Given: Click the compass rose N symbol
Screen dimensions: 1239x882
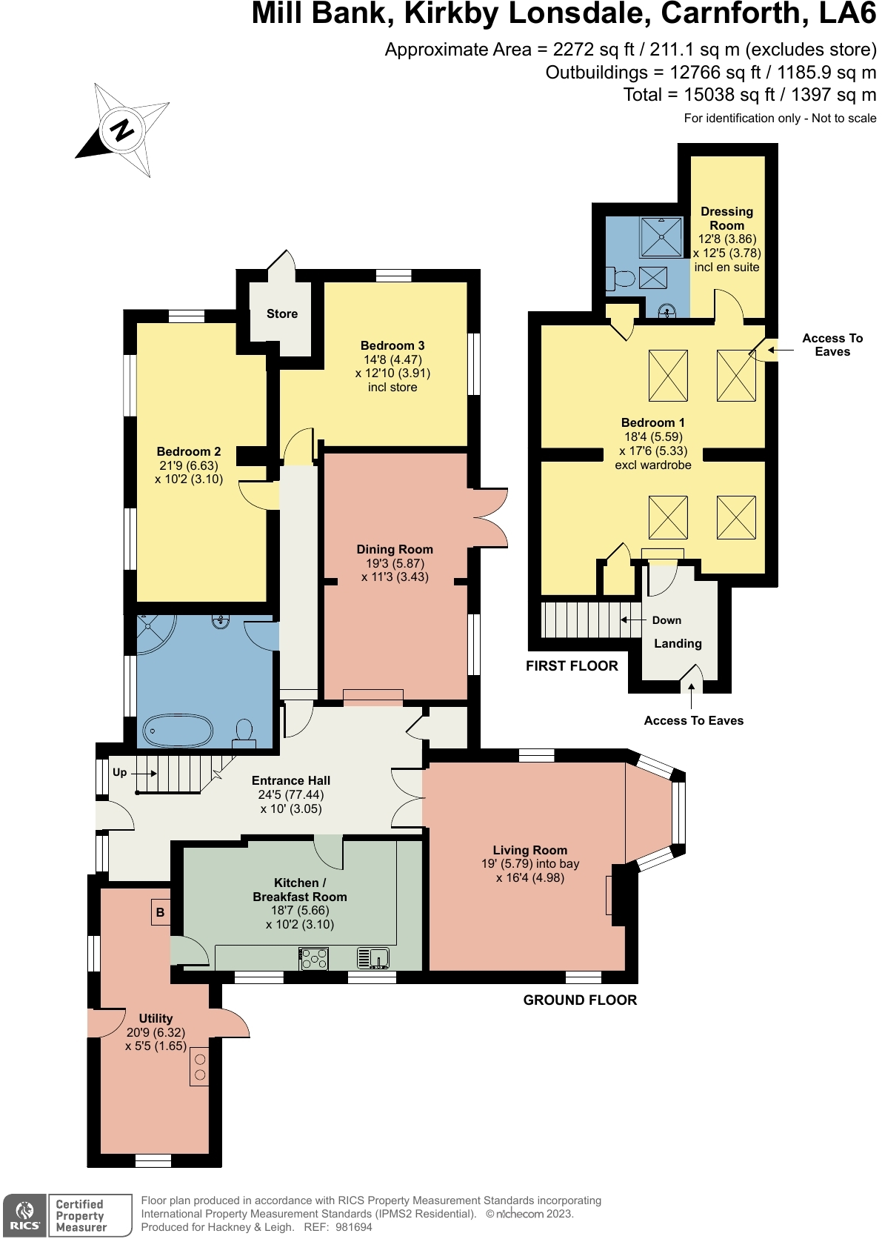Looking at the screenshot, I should click(121, 130).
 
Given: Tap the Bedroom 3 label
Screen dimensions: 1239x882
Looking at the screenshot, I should click(392, 345).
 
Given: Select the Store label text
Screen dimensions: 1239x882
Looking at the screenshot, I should click(282, 314).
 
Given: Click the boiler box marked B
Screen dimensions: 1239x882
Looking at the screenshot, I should click(160, 912).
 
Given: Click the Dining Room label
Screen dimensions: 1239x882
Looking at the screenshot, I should click(395, 549).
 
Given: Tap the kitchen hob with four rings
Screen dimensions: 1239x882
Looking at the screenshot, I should click(314, 958).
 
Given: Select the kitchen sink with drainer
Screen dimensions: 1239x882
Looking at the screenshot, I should click(373, 958).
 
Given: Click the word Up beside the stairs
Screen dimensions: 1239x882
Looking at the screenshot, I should click(119, 772).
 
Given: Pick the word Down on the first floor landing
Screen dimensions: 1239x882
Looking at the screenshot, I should click(666, 620).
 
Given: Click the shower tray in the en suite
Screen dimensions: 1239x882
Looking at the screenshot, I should click(661, 237).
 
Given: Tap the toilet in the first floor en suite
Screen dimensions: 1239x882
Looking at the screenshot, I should click(621, 279).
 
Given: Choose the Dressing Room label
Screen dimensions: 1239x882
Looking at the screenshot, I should click(726, 219).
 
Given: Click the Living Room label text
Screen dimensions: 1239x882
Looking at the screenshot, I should click(530, 850).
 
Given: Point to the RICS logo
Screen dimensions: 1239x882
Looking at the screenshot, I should click(24, 1215).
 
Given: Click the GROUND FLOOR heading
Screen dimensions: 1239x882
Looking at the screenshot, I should click(580, 1000).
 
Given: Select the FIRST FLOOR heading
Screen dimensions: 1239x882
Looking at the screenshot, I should click(572, 665).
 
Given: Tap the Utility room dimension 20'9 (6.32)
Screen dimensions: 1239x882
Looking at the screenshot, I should click(156, 1032).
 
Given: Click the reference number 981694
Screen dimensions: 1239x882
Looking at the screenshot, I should click(353, 1227).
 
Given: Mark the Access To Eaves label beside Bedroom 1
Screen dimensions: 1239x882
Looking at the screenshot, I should click(832, 345).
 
